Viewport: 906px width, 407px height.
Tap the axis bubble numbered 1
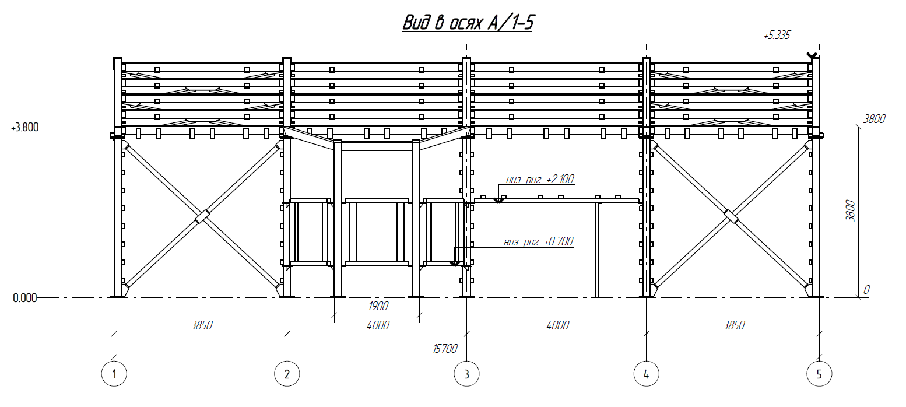pyautogui.click(x=114, y=374)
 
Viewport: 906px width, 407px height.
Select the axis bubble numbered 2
pyautogui.click(x=287, y=374)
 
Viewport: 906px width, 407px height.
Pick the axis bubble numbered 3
pyautogui.click(x=467, y=374)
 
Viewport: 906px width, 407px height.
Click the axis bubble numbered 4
pyautogui.click(x=647, y=374)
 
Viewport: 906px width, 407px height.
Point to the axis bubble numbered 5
pyautogui.click(x=820, y=374)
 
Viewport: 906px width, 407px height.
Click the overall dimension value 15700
pyautogui.click(x=445, y=349)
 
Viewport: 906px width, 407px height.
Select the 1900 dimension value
pyautogui.click(x=378, y=306)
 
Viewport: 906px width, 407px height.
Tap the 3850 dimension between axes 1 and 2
pyautogui.click(x=201, y=325)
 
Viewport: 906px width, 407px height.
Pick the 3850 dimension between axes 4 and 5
pyautogui.click(x=733, y=325)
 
